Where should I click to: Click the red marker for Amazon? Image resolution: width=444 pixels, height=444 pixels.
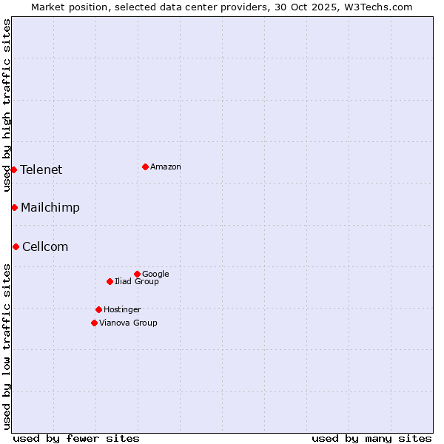145,166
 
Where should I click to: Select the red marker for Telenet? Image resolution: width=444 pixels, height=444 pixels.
13,169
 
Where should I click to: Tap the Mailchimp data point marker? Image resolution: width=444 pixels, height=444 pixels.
14,207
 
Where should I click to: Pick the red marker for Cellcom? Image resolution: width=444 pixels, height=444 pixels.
16,246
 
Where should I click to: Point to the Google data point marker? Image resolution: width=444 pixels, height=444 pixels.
137,274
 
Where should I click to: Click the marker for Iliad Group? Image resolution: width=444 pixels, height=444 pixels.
110,281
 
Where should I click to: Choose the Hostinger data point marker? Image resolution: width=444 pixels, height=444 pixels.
98,309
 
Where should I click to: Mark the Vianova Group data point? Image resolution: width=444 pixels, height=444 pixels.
94,323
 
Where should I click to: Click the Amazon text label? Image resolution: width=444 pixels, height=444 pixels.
166,167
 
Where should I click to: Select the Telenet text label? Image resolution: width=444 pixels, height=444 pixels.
41,169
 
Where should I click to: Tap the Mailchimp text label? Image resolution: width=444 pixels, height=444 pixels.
50,208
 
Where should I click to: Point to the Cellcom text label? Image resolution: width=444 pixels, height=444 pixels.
45,246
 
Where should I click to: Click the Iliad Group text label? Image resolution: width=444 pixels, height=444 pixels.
137,282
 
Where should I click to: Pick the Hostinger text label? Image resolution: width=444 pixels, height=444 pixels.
122,309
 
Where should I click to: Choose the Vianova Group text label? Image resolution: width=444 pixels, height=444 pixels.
128,323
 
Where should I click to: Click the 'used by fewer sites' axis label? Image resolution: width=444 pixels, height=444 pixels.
76,438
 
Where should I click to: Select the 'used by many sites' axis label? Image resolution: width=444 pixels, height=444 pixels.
371,438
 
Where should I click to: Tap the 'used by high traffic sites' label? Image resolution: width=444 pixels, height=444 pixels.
7,105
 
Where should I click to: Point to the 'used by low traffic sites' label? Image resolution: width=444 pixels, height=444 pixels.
7,346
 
